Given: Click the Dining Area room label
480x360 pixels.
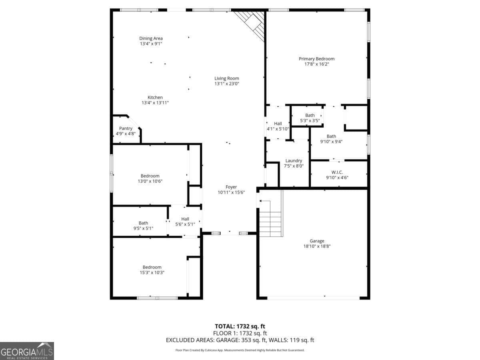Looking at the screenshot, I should [151, 38].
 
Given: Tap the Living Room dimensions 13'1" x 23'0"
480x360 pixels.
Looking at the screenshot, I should [227, 84].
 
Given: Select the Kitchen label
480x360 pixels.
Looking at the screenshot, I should [155, 97].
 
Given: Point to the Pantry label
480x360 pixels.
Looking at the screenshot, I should [126, 128].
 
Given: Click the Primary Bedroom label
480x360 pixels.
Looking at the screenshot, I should [316, 59].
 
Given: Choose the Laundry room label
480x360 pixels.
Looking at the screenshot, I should [294, 160].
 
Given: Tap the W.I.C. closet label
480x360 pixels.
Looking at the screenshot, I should [337, 172].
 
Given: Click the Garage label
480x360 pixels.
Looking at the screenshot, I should [316, 241].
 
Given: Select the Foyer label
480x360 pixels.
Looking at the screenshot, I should [231, 187].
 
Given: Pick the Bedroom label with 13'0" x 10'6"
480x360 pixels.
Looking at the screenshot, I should [150, 176].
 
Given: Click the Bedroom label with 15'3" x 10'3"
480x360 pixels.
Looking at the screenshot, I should [152, 267].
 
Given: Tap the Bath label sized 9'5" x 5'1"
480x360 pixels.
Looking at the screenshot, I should [143, 223].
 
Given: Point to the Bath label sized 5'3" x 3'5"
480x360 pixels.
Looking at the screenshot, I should [310, 115].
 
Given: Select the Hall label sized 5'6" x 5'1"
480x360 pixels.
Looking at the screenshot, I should [185, 219].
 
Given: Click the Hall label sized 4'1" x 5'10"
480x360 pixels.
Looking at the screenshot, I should [278, 124].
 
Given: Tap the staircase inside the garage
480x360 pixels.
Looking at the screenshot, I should [270, 218].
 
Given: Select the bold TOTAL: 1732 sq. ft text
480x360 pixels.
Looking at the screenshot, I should [240, 326].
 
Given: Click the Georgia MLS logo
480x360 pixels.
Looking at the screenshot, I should [27, 351].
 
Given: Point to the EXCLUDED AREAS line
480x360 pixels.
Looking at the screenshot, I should [240, 340].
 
